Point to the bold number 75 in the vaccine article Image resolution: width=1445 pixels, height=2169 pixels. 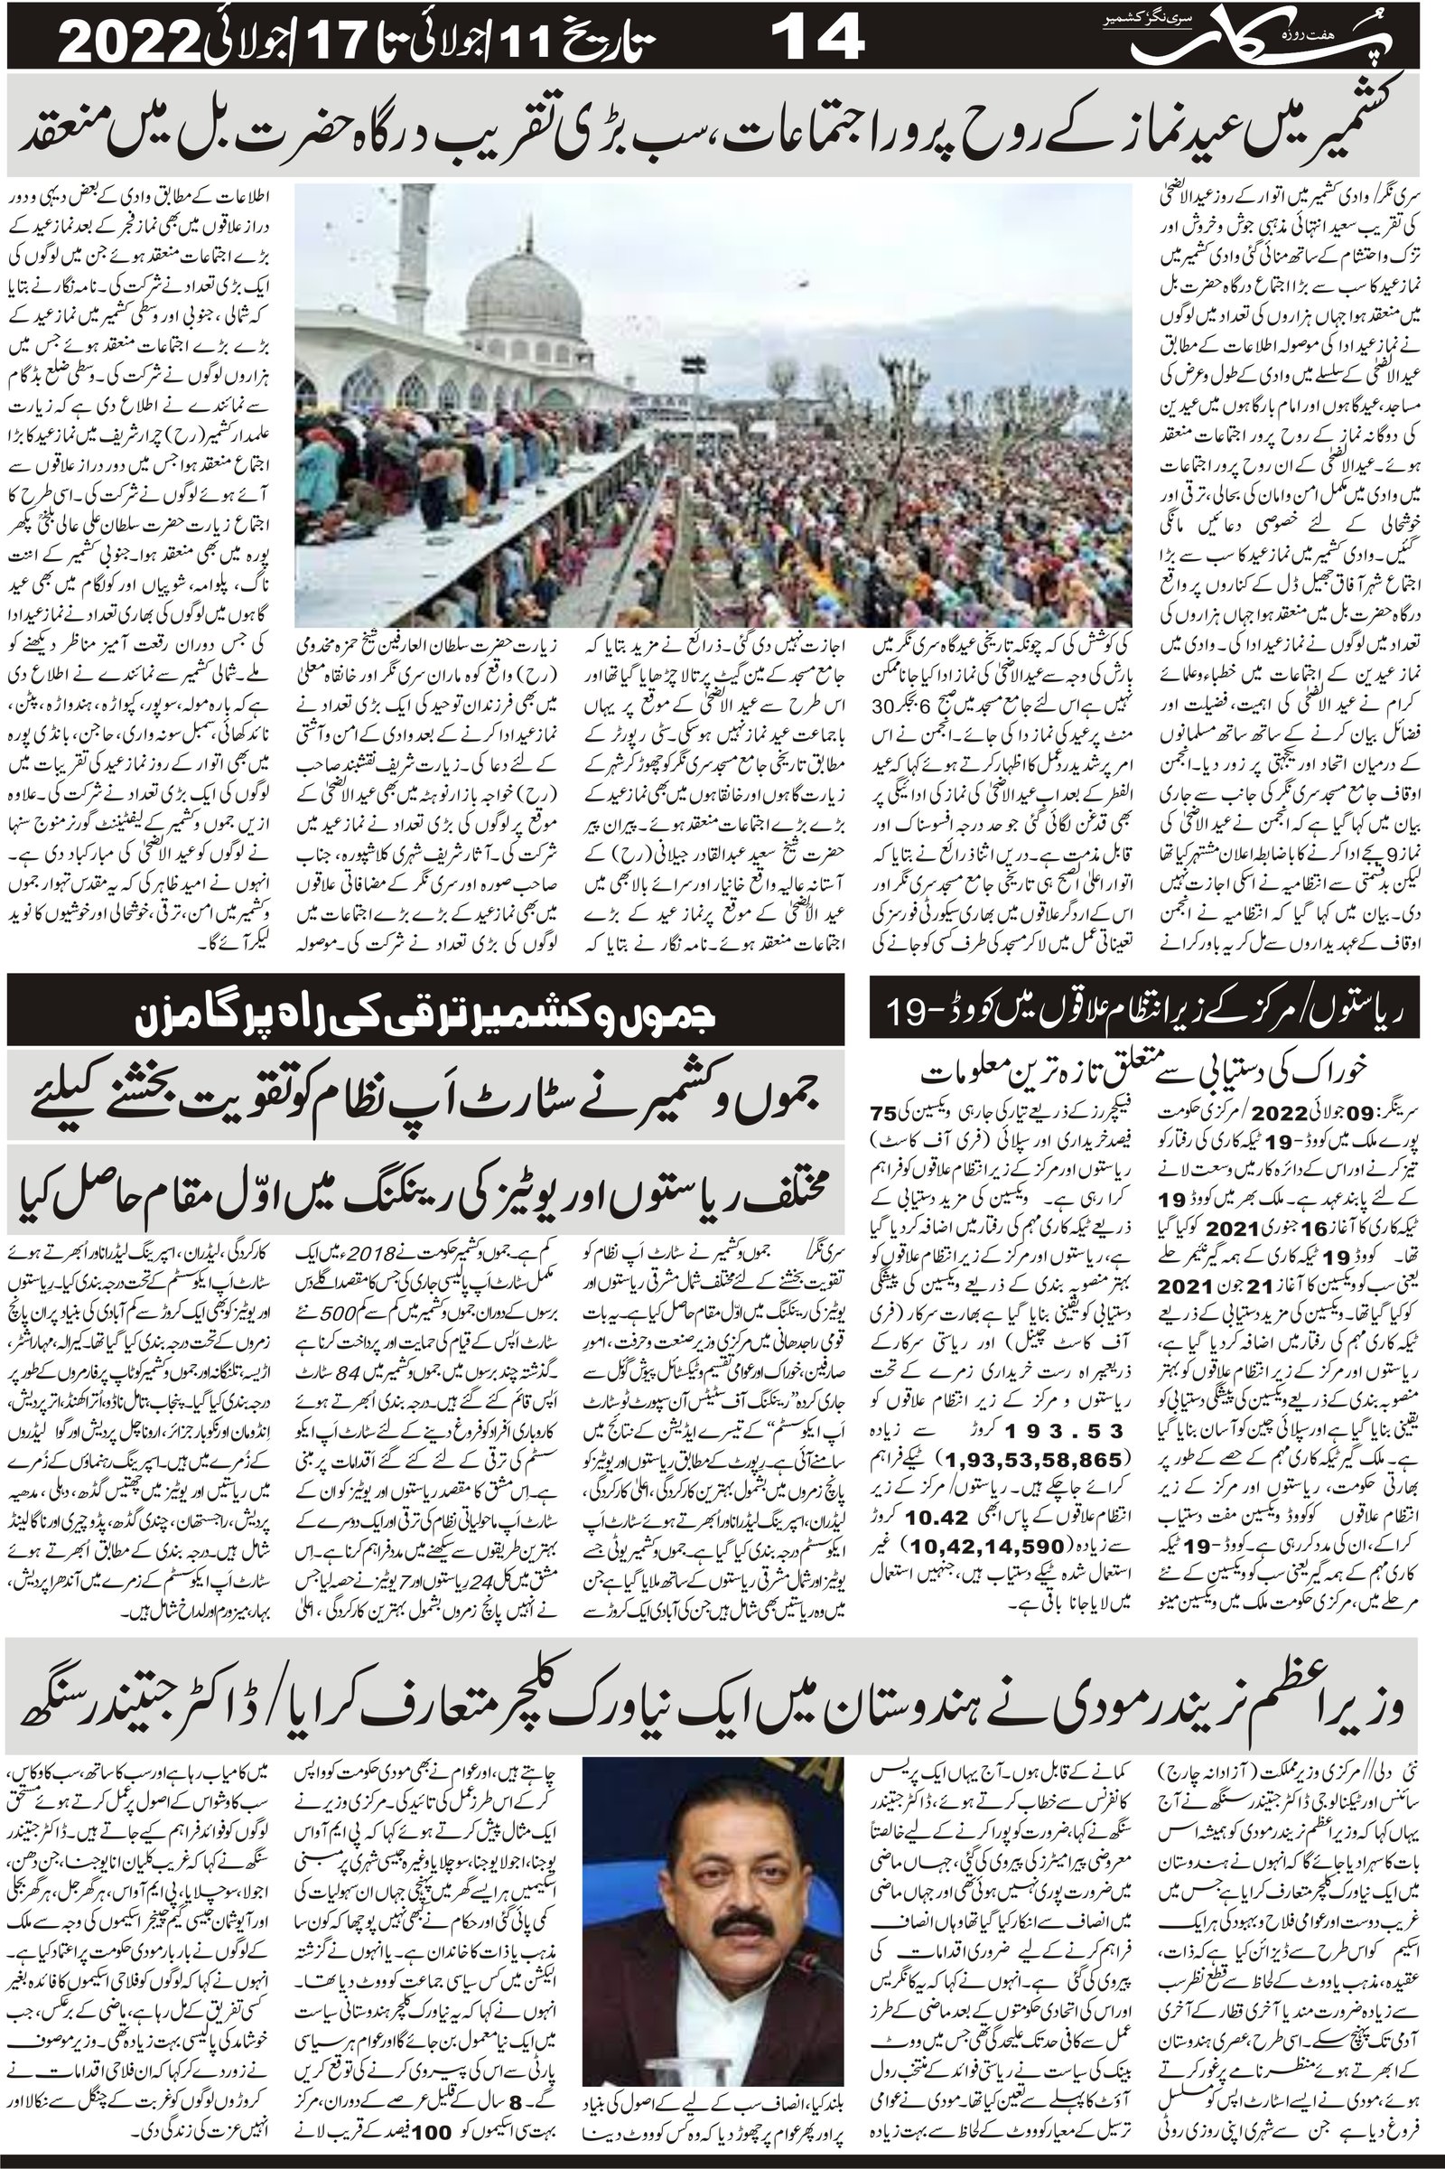click(885, 1114)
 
